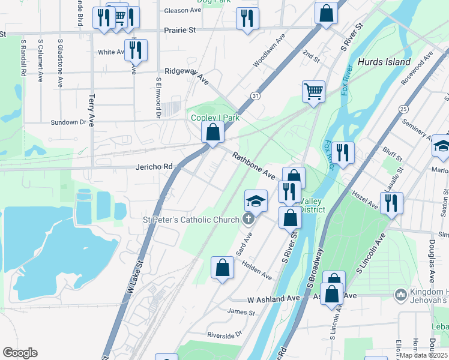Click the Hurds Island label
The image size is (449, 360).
384,62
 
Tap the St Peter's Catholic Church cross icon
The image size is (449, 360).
247,220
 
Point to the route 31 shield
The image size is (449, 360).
256,96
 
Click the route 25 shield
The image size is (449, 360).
403,109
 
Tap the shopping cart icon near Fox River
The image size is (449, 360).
313,91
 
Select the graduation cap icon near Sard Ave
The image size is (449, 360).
256,200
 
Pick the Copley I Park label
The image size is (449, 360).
215,118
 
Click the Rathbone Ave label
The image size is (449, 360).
254,165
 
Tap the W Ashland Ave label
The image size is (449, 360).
273,298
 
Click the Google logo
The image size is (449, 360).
20,353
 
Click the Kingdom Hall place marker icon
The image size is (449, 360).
400,295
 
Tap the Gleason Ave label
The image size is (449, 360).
182,11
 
